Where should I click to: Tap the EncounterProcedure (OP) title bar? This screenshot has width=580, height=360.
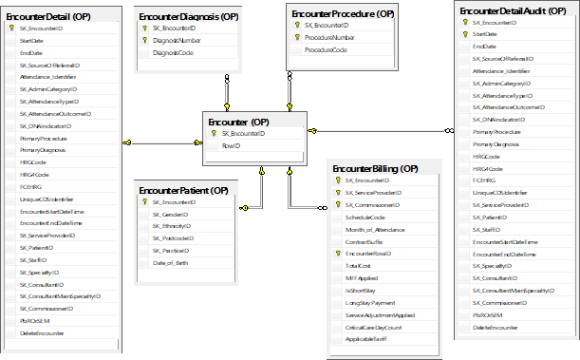(x=341, y=13)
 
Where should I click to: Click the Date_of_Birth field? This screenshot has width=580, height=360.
(x=173, y=262)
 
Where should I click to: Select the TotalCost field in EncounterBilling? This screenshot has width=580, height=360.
(x=357, y=266)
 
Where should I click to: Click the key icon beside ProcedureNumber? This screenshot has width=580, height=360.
(x=296, y=37)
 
